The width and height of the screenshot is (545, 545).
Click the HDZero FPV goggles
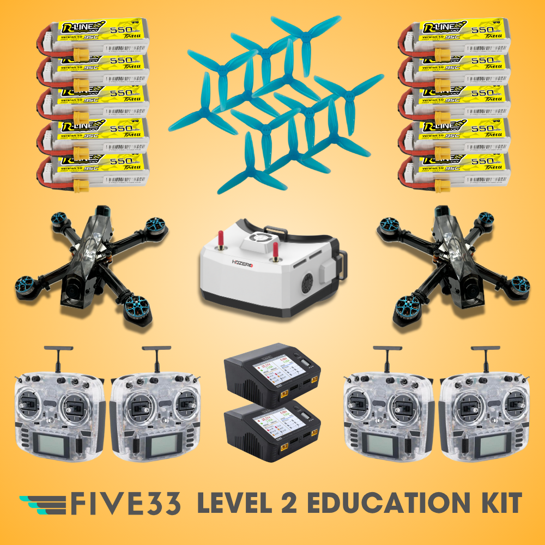tap(267, 272)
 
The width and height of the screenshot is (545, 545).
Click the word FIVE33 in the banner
tap(126, 504)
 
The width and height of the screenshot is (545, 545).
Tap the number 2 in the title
tap(287, 504)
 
